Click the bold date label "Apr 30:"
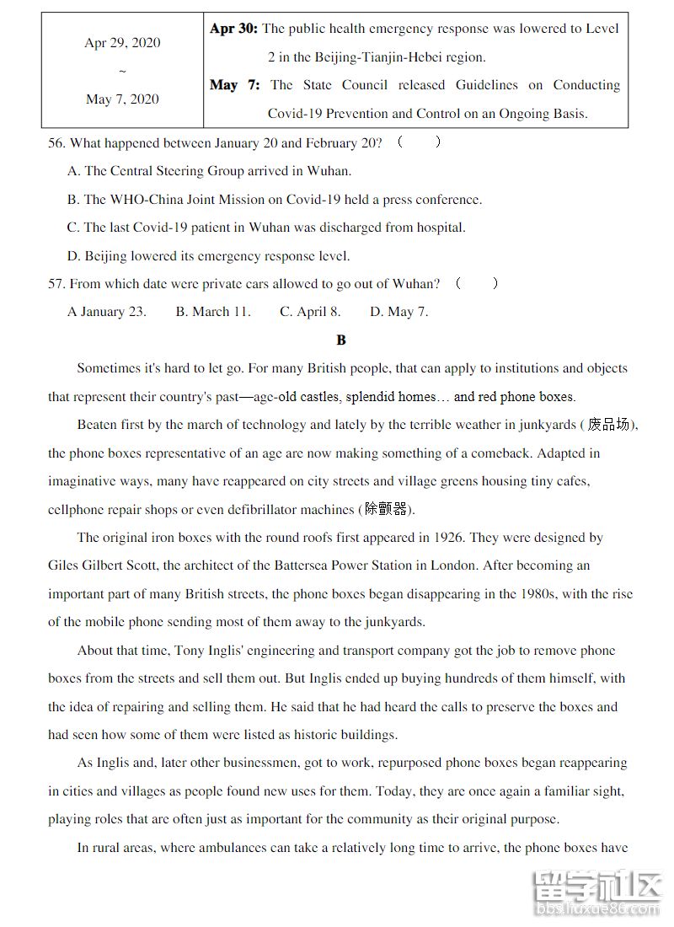233,29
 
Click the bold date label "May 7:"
234,85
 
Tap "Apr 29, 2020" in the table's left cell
122,43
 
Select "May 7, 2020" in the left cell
122,99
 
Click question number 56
56,143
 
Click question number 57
56,284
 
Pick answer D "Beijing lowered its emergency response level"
208,256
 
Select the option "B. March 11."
213,312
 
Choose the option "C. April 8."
310,312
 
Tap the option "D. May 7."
399,312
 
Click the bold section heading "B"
341,340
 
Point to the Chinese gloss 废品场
608,425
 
